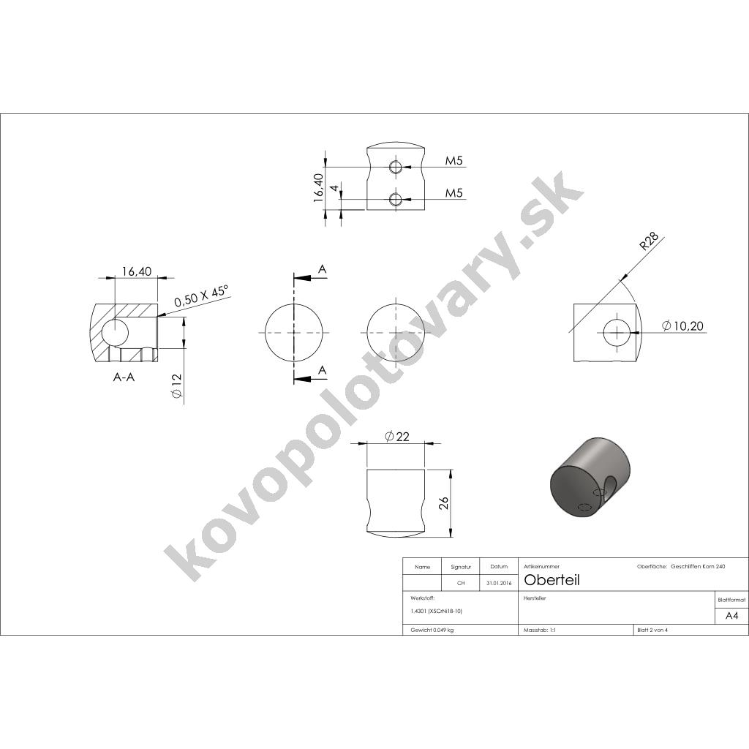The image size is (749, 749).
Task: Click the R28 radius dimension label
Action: tap(650, 241)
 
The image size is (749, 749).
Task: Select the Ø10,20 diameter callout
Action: tap(682, 325)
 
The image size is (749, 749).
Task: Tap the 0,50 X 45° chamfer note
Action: tap(202, 296)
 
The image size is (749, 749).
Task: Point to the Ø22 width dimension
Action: tap(396, 436)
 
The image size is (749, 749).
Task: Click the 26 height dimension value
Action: tap(444, 503)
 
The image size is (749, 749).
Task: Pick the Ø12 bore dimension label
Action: tap(176, 386)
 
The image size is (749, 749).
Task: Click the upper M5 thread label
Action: tap(454, 160)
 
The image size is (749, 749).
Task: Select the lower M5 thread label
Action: tap(454, 193)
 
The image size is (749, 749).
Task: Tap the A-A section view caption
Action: tap(124, 377)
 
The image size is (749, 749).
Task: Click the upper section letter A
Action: tap(323, 269)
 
